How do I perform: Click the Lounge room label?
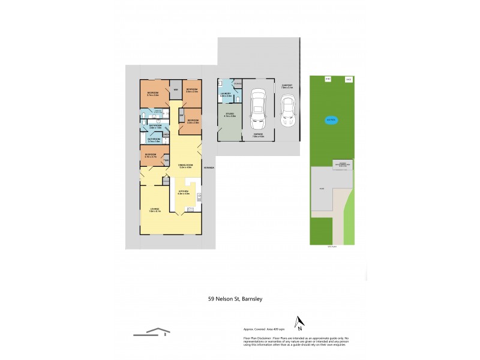154,210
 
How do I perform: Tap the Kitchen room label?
183,193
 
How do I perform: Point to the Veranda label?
209,167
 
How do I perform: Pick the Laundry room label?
226,94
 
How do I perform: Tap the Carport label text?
287,86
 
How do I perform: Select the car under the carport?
289,111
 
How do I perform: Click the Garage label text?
258,135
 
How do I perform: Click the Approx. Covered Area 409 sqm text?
266,329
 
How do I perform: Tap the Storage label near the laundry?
237,83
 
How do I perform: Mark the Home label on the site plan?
322,188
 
